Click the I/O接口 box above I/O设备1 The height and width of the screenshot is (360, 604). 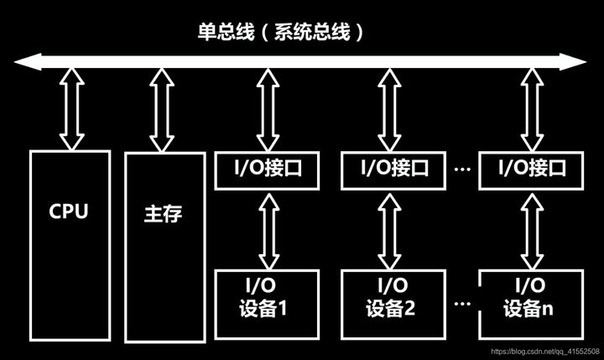[x=267, y=170]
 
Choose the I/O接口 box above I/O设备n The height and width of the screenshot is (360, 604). [x=528, y=170]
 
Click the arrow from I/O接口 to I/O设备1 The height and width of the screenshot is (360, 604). [x=267, y=228]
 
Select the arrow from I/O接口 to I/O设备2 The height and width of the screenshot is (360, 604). [x=387, y=228]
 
